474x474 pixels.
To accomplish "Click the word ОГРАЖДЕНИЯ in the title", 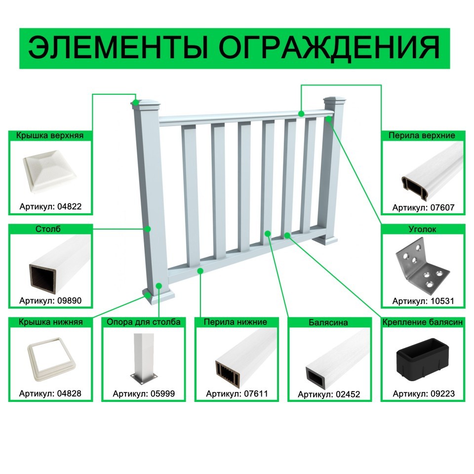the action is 329,48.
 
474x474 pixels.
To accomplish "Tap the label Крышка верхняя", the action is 50,135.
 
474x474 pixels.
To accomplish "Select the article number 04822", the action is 70,206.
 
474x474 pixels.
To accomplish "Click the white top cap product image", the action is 50,171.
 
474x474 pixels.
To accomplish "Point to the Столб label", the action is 48,229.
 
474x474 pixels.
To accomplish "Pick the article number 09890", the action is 70,301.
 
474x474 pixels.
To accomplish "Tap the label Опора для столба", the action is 144,322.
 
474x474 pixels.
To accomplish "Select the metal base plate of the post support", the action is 144,378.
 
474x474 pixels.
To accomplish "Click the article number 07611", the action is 256,394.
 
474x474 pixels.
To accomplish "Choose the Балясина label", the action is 328,322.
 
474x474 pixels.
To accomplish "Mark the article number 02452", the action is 348,394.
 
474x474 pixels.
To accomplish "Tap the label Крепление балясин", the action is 423,322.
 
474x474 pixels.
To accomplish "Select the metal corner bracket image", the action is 422,266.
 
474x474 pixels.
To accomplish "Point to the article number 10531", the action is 442,301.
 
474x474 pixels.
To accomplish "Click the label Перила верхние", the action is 422,135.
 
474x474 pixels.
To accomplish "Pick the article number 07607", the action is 442,207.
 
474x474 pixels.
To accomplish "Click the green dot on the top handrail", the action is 301,114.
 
